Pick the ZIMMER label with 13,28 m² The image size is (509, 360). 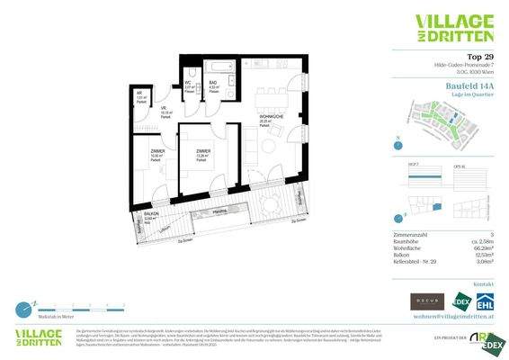click(x=204, y=151)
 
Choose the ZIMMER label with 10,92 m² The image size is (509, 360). click(x=156, y=151)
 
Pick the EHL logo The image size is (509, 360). click(x=484, y=301)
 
